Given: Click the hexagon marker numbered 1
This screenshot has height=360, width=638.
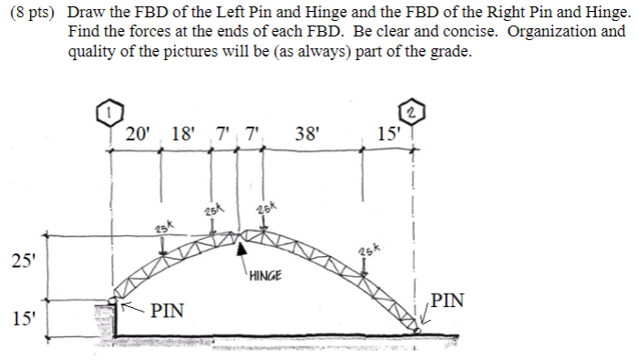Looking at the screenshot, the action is pyautogui.click(x=109, y=114).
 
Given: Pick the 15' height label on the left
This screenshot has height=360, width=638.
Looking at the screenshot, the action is pyautogui.click(x=23, y=319).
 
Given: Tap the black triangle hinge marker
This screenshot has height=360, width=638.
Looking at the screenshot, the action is pyautogui.click(x=242, y=248).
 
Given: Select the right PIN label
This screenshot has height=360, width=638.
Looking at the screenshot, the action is pyautogui.click(x=448, y=300).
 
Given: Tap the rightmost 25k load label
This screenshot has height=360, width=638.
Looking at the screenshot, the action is pyautogui.click(x=367, y=249).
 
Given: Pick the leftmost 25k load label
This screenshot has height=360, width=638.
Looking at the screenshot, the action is pyautogui.click(x=164, y=227).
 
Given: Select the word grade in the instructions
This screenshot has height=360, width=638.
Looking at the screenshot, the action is pyautogui.click(x=449, y=51).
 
